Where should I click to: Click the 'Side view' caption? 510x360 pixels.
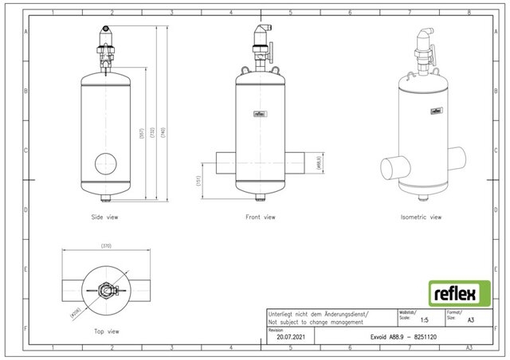click(105, 217)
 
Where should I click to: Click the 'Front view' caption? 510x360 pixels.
click(260, 217)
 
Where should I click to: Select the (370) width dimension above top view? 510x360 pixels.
click(105, 245)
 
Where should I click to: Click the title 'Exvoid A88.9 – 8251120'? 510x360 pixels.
click(397, 337)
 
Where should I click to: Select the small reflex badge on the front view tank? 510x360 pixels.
click(260, 112)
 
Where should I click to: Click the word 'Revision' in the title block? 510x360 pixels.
click(276, 328)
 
